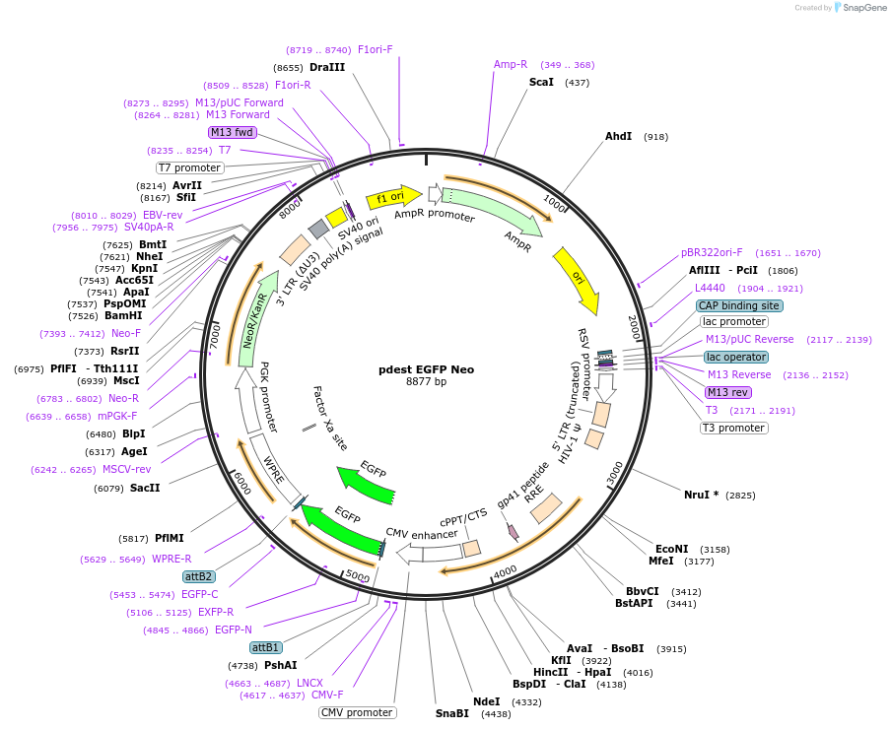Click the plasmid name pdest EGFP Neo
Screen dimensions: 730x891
tap(427, 369)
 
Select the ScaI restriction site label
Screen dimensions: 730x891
tap(541, 82)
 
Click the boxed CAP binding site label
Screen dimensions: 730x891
tap(739, 305)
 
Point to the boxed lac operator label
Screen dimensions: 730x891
tap(735, 357)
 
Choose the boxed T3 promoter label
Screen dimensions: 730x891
tap(733, 428)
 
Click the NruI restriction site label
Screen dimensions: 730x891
tap(701, 495)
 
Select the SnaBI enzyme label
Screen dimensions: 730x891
tap(452, 713)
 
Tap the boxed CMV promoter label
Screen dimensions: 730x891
tap(357, 712)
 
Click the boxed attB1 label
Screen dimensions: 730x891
tap(266, 647)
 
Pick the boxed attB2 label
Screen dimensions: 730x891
tap(199, 576)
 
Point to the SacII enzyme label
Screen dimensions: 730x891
tap(145, 488)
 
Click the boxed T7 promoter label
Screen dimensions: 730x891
tap(190, 167)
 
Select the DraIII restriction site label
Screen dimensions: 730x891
tap(327, 67)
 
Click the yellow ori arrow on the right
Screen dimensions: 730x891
tap(576, 273)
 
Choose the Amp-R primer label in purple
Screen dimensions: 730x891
tap(511, 64)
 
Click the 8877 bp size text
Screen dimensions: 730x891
tap(426, 382)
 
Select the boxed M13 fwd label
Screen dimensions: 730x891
tap(233, 132)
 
